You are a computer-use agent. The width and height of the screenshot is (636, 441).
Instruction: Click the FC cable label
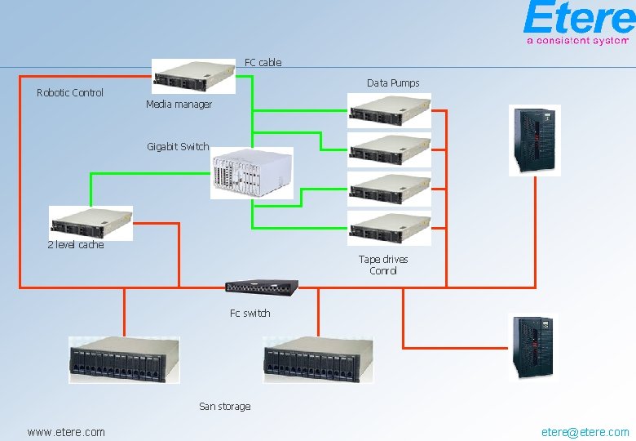click(x=263, y=62)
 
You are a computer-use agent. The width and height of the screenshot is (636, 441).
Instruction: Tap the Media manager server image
click(x=194, y=77)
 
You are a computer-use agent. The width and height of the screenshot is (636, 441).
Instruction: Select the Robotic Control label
click(x=70, y=93)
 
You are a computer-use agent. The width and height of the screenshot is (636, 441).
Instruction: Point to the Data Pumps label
click(x=393, y=83)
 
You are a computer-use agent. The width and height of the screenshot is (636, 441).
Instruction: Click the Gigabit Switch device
click(x=251, y=173)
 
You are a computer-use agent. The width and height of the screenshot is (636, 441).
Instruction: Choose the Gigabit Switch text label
click(x=178, y=147)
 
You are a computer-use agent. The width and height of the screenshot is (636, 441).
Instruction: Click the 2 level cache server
click(x=91, y=222)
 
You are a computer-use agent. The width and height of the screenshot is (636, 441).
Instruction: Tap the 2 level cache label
click(x=76, y=245)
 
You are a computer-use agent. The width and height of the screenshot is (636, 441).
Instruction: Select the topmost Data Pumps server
click(x=389, y=110)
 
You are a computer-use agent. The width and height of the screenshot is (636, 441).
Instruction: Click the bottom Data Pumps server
click(x=389, y=228)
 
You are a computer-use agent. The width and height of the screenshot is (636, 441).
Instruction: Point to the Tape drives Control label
click(x=383, y=265)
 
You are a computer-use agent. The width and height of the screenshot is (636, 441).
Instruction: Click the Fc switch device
click(x=262, y=287)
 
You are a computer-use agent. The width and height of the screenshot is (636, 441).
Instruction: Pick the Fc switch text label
click(x=250, y=314)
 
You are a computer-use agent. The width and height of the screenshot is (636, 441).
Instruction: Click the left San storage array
click(x=124, y=359)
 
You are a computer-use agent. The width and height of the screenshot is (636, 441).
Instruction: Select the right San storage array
click(x=318, y=359)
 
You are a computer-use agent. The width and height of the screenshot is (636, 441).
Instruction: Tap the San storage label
click(x=225, y=407)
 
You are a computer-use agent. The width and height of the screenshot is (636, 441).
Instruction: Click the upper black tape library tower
click(x=534, y=140)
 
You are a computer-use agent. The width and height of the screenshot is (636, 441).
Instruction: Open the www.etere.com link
click(x=66, y=432)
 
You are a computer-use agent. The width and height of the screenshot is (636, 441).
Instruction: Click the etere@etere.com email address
click(x=585, y=432)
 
